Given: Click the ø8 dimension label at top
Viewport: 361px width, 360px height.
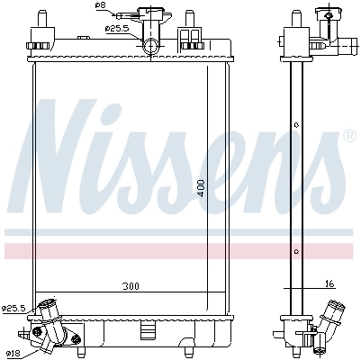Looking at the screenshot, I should pyautogui.click(x=100, y=7).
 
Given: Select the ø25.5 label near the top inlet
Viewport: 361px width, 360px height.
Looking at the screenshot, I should pyautogui.click(x=117, y=28).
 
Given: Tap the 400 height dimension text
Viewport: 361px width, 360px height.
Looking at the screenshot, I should pyautogui.click(x=203, y=187).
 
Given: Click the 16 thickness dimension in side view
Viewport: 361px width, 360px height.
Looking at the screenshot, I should pyautogui.click(x=329, y=283).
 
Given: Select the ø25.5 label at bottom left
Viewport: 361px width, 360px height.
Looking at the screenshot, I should pyautogui.click(x=14, y=309).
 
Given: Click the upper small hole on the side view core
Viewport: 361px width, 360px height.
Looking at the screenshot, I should pyautogui.click(x=296, y=124).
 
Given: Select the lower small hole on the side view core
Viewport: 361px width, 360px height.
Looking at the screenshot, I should pyautogui.click(x=296, y=250).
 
